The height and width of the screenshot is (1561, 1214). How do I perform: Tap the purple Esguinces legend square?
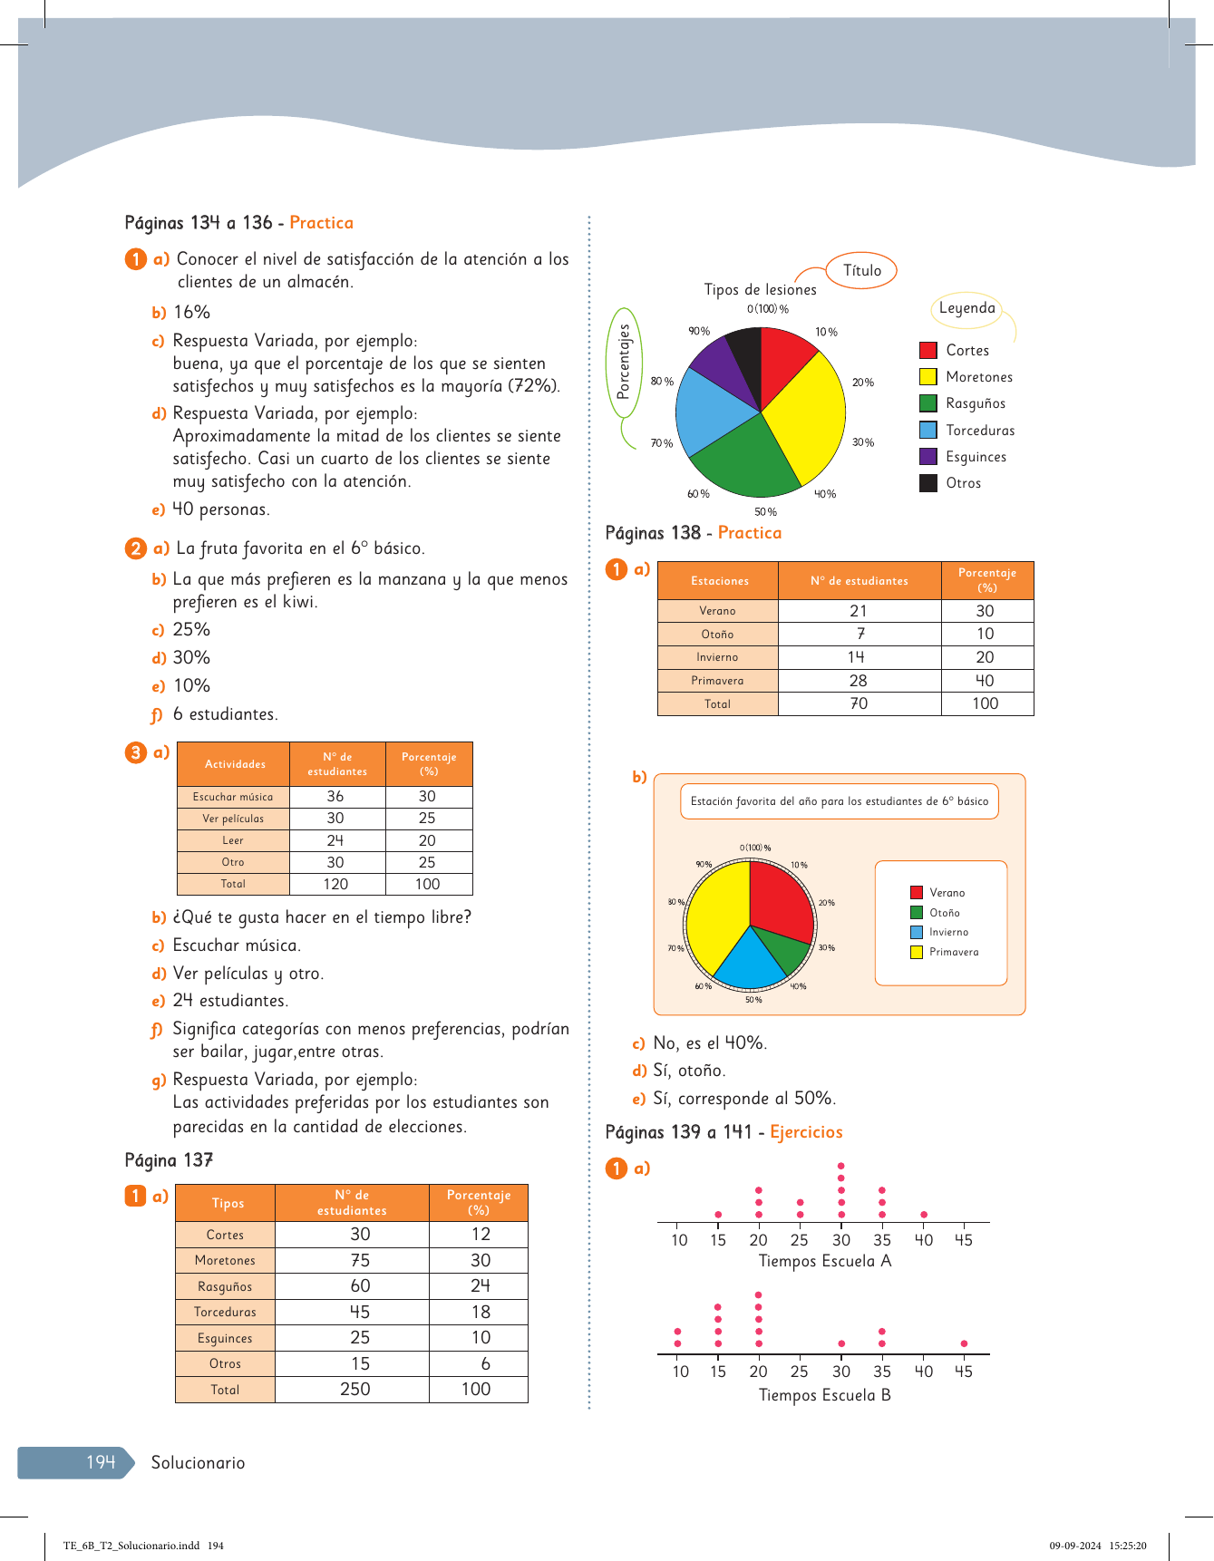point(928,457)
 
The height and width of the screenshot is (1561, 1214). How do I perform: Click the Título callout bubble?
point(861,270)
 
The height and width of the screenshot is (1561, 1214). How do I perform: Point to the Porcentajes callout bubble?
point(624,363)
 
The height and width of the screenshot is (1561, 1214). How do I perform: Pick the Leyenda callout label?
point(966,308)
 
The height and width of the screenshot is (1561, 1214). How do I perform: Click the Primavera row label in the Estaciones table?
point(717,681)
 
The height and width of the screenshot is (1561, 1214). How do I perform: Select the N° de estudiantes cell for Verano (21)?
point(859,611)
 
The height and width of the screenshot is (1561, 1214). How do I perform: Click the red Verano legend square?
point(917,893)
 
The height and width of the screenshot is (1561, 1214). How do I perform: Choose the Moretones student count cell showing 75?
point(360,1260)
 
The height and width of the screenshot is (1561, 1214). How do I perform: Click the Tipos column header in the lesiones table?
point(228,1203)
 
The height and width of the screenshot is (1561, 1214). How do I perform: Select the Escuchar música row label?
point(233,797)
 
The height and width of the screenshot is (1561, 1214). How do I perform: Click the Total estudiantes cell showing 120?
point(335,884)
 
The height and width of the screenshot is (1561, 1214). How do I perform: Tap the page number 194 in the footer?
point(101,1462)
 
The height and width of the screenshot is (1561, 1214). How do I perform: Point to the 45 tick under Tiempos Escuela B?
point(963,1372)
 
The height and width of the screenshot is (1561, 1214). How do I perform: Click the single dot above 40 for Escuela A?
point(923,1214)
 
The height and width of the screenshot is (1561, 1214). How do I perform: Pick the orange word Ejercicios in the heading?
point(806,1132)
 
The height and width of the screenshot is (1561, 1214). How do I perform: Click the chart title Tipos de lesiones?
point(760,290)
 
